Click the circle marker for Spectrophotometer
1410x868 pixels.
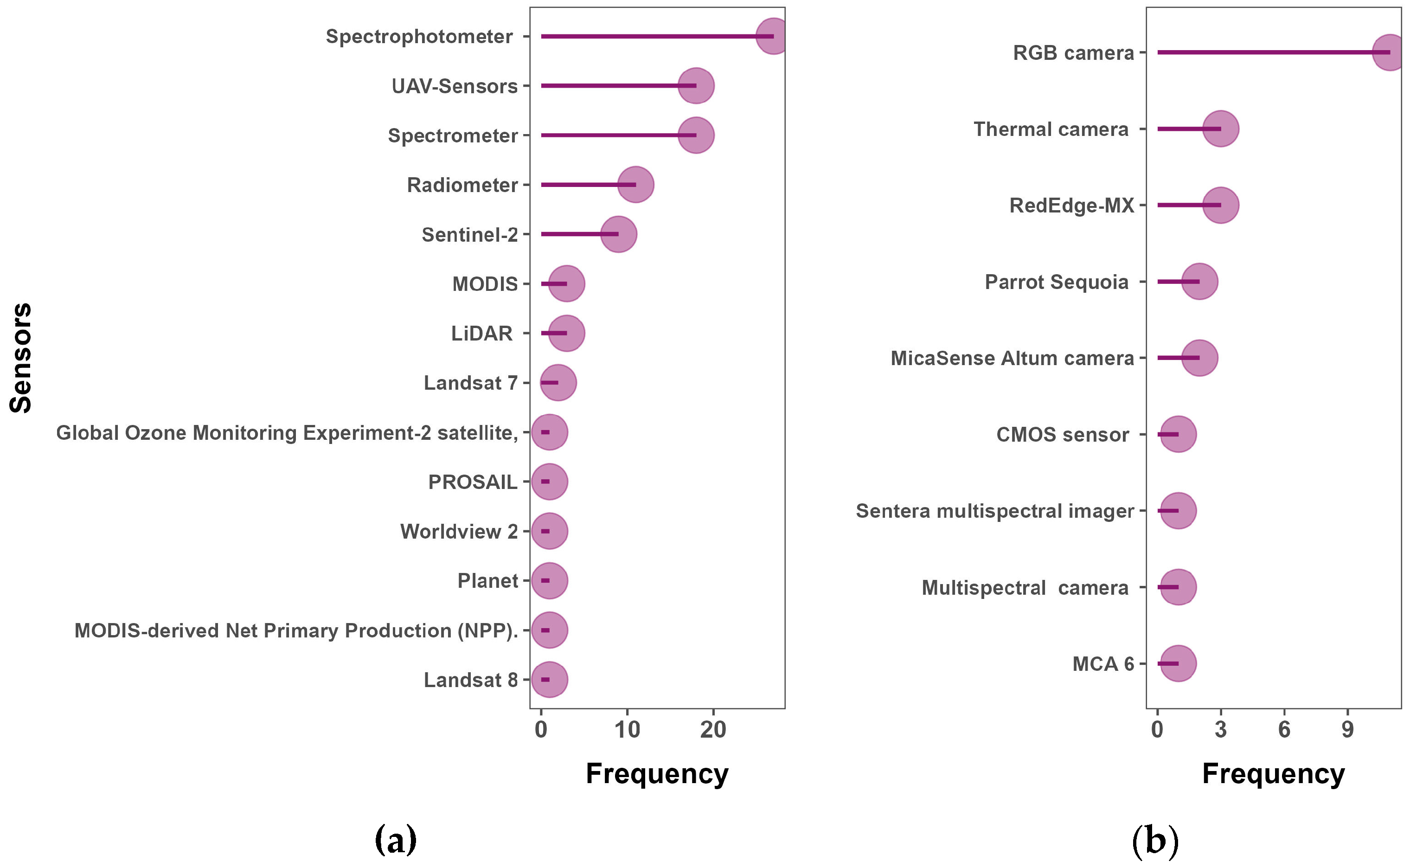point(773,36)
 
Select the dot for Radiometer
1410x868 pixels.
point(635,185)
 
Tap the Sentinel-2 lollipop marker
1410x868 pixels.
point(618,234)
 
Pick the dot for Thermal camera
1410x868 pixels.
point(1221,129)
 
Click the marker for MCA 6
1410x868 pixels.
point(1178,663)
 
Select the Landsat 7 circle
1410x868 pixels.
point(558,382)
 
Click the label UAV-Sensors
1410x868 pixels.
point(455,86)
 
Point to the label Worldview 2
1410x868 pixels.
point(459,532)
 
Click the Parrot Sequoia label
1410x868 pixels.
point(1057,282)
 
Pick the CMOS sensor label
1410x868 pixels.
point(1062,435)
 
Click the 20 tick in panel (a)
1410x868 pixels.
point(713,730)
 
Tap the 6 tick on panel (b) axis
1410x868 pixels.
point(1284,730)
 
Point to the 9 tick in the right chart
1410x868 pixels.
point(1347,730)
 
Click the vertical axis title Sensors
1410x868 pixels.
point(21,358)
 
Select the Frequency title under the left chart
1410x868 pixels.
point(657,774)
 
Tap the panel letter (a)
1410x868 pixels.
point(395,841)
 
